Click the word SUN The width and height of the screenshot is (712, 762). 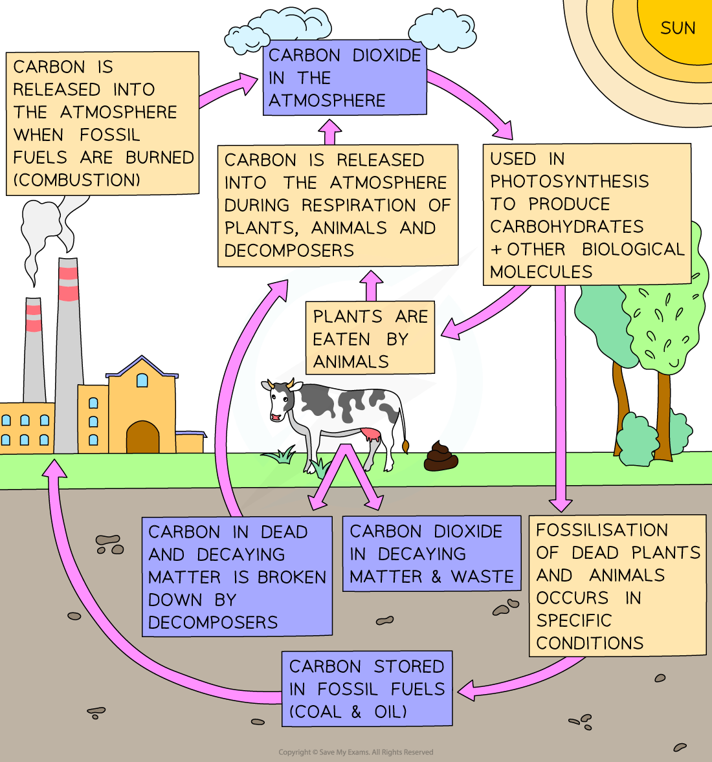coord(678,28)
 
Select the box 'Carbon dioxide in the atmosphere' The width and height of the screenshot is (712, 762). coord(344,78)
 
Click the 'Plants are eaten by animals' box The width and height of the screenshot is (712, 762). coord(370,338)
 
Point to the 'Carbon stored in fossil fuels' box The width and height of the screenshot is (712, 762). coord(366,688)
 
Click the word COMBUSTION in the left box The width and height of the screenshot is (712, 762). coord(76,180)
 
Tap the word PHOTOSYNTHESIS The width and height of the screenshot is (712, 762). coord(569,182)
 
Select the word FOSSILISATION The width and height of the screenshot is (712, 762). coord(602,530)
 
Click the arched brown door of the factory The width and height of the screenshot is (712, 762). coord(142,437)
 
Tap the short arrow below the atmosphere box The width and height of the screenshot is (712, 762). coord(329,132)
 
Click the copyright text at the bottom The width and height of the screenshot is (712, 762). coord(355,752)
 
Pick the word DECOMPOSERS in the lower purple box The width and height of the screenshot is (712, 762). coord(213,622)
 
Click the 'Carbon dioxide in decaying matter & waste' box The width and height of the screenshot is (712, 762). coord(431,554)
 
